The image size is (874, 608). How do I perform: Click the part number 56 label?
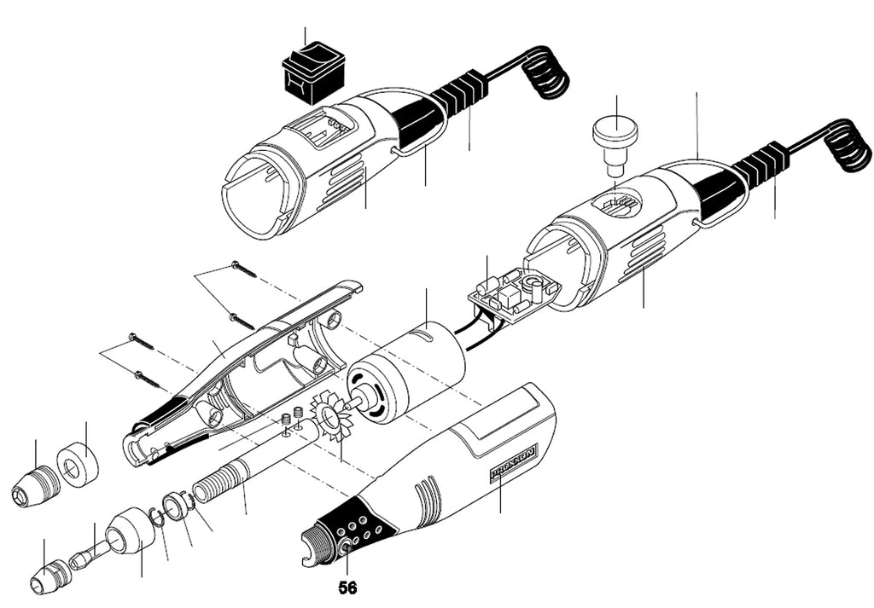click(347, 588)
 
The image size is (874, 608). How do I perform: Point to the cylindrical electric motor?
click(406, 373)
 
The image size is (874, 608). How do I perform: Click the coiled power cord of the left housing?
click(546, 73)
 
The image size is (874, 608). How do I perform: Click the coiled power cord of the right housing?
click(847, 147)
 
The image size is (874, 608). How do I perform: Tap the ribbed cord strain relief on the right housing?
click(761, 165)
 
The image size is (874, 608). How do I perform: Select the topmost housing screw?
click(243, 269)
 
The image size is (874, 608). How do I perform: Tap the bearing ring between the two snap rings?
click(176, 504)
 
